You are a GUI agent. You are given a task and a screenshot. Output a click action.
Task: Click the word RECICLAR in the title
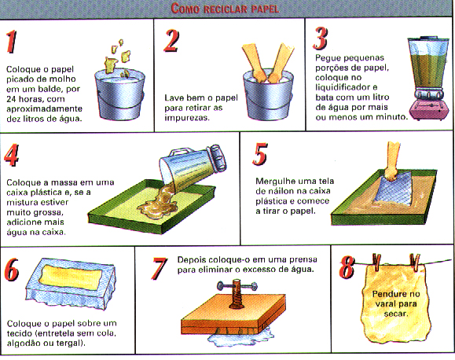226,9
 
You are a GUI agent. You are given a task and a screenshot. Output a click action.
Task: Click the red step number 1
12,42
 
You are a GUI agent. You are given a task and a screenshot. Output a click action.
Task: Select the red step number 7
159,269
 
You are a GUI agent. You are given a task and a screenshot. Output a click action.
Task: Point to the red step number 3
321,39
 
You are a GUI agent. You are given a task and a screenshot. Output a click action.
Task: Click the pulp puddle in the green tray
157,204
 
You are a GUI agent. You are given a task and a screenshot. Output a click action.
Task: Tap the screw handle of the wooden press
237,285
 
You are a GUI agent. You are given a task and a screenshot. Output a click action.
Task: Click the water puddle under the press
240,336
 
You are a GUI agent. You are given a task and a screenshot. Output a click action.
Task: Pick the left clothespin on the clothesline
377,263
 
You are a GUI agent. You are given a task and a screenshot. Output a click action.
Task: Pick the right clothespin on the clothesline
415,263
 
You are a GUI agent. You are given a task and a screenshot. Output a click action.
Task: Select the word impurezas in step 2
187,118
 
